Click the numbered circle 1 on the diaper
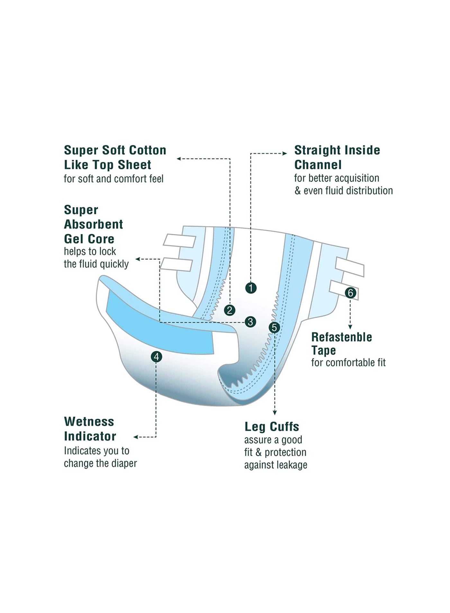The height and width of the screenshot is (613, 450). click(251, 288)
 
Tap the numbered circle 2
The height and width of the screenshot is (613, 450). click(230, 310)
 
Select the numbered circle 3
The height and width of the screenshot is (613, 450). click(250, 321)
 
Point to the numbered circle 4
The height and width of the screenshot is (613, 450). click(156, 356)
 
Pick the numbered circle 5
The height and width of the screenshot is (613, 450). click(274, 328)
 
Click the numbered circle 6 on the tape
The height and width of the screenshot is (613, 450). click(350, 293)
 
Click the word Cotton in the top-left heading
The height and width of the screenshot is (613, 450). click(147, 150)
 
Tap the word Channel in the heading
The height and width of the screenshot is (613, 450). click(318, 165)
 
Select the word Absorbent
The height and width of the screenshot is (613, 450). click(94, 224)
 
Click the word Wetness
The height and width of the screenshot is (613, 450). click(89, 421)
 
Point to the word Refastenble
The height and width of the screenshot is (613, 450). click(342, 337)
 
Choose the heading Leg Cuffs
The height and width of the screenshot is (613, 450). click(272, 427)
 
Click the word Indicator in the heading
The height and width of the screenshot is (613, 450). click(90, 436)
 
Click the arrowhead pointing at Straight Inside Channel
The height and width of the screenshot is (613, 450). click(285, 153)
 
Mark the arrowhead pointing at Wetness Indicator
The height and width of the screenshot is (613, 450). click(136, 437)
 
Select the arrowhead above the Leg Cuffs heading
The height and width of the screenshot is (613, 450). click(274, 413)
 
